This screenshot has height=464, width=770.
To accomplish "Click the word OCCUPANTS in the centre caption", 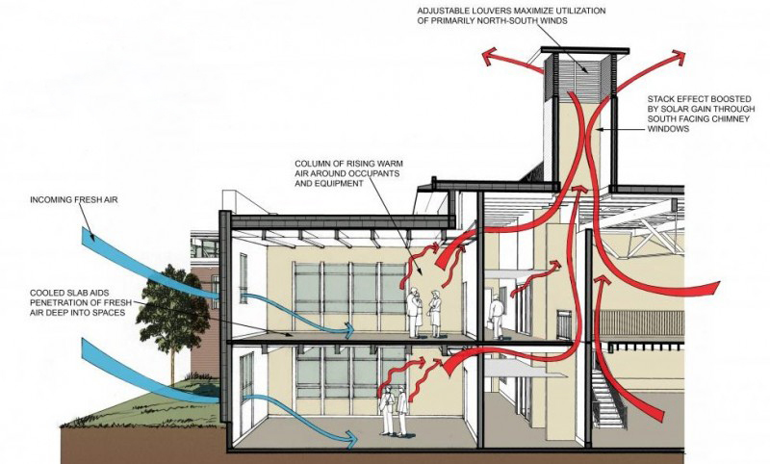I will (x=386, y=175).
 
